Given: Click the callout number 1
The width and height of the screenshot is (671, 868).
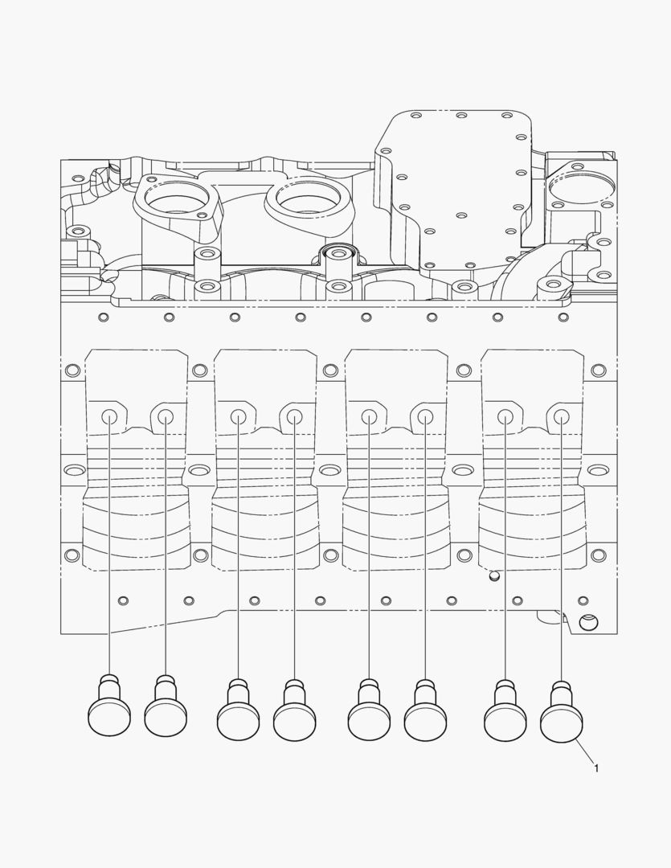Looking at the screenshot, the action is pyautogui.click(x=595, y=768).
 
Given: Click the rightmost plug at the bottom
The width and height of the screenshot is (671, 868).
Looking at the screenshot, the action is pyautogui.click(x=562, y=712).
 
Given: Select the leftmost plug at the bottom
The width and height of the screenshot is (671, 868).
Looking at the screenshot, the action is pyautogui.click(x=109, y=706).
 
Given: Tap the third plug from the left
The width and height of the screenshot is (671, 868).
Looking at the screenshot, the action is pyautogui.click(x=239, y=709).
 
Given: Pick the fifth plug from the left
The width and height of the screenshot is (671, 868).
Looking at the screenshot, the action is pyautogui.click(x=370, y=709).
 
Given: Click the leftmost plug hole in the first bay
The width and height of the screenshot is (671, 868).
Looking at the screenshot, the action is pyautogui.click(x=109, y=416).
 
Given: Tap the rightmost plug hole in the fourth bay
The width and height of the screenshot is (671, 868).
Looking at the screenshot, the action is pyautogui.click(x=561, y=416).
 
